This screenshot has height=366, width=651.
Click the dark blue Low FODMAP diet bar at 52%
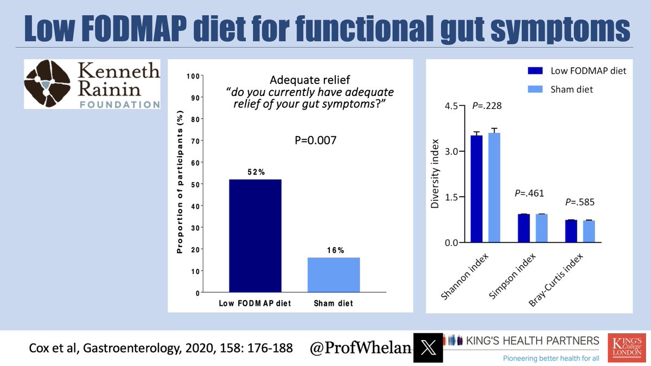tap(255, 236)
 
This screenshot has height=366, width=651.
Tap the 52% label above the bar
tap(254, 172)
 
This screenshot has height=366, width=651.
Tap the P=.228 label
tap(487, 106)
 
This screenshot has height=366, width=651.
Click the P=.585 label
tap(580, 202)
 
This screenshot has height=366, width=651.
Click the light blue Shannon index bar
tap(494, 187)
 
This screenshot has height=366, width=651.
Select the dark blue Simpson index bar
tap(524, 228)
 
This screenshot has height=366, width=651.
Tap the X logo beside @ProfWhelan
tap(429, 347)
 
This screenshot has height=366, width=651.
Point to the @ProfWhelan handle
tap(359, 347)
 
